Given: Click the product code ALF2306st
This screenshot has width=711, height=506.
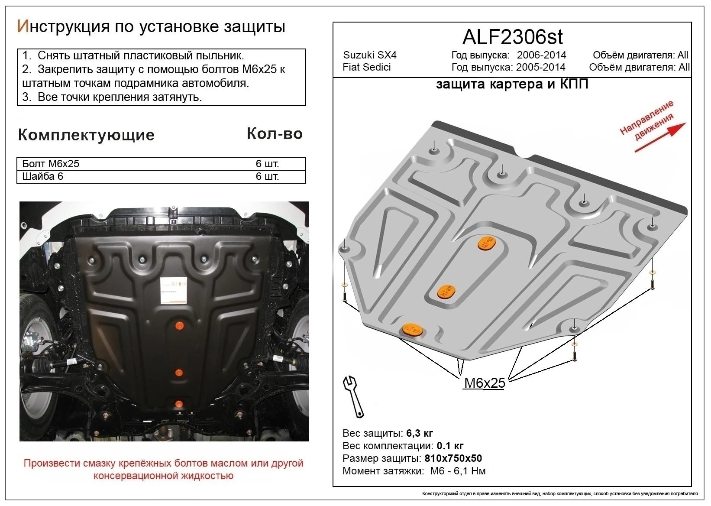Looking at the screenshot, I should [x=512, y=37].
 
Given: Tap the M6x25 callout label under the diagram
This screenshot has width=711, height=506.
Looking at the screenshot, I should [x=485, y=383].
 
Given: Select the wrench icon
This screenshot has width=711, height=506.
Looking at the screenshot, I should [x=353, y=396].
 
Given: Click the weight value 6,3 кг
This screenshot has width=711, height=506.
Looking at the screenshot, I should [x=420, y=434].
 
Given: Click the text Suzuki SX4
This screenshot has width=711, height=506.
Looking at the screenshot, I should [x=370, y=55].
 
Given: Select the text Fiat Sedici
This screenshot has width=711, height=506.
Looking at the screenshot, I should [x=367, y=67].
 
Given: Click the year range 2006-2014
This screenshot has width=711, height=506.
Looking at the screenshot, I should [x=541, y=55].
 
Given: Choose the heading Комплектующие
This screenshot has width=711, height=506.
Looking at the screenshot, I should [x=86, y=135].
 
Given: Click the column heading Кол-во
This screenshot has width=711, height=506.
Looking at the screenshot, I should [x=275, y=134].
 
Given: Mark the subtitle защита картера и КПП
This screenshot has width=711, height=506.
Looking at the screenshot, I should [x=512, y=84].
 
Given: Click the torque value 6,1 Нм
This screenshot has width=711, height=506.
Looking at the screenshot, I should [x=469, y=471].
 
